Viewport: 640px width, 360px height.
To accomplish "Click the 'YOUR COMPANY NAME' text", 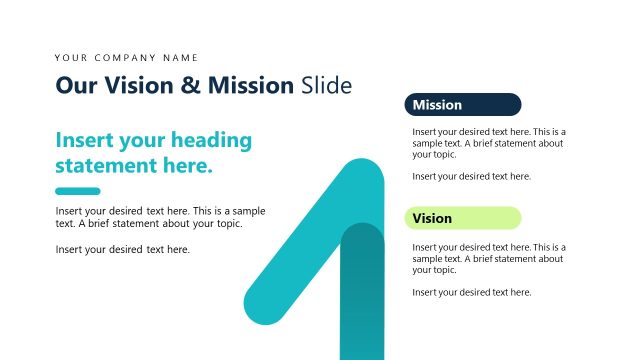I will tap(127, 58).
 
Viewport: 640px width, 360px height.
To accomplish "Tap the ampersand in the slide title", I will tap(189, 86).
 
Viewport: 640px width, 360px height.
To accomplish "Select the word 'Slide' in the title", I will tap(327, 86).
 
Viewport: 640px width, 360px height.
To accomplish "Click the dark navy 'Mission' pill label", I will tap(462, 105).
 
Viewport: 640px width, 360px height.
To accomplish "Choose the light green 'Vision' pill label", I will tap(462, 218).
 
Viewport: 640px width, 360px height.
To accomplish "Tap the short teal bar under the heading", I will tap(77, 191).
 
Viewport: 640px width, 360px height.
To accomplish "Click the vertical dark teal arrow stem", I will tap(362, 300).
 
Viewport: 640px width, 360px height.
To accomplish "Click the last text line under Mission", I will tap(471, 177).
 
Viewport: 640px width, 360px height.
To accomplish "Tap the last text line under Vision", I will tap(471, 292).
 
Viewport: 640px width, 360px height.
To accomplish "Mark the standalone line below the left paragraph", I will tap(122, 249).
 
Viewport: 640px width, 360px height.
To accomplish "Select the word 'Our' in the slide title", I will tap(72, 86).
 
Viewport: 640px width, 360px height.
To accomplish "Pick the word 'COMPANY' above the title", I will tap(128, 58).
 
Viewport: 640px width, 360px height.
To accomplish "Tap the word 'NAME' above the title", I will tap(181, 58).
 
